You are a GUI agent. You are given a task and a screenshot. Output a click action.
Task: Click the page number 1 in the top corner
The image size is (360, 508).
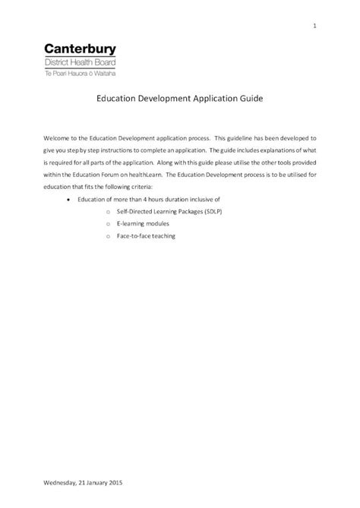314,28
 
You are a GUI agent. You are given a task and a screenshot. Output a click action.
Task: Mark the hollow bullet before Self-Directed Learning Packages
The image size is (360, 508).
109,212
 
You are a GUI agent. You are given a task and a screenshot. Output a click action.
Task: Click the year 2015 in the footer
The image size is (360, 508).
112,482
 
